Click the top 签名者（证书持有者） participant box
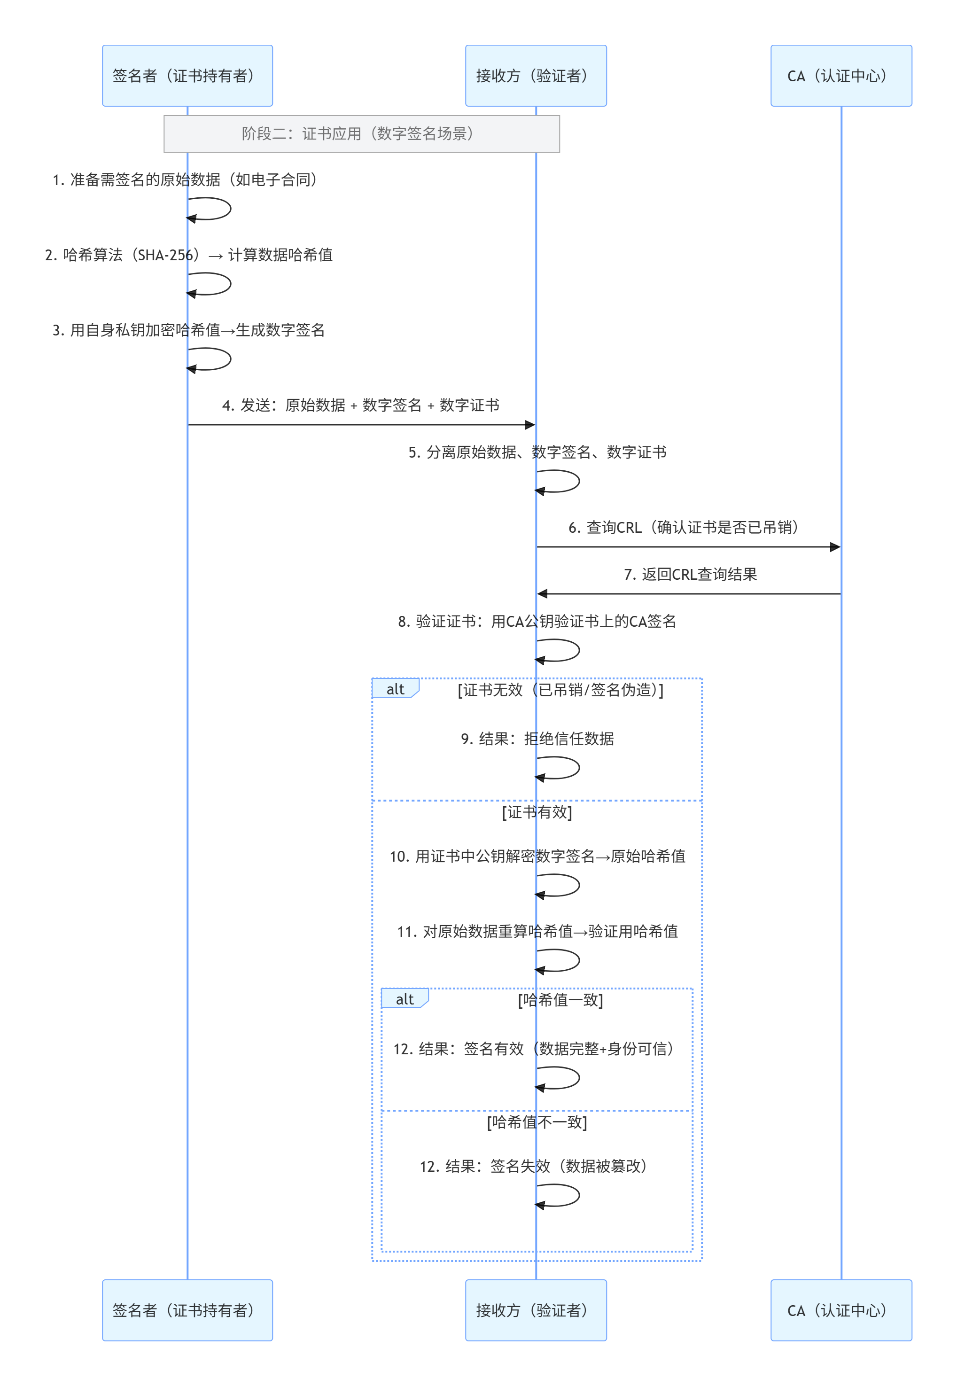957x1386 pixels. click(x=187, y=76)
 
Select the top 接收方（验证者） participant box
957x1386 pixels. click(x=536, y=76)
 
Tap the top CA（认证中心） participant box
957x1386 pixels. click(x=840, y=76)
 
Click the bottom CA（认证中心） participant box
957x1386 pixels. click(x=840, y=1310)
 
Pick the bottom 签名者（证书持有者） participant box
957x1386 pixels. click(x=187, y=1310)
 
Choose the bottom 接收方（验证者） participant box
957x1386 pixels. click(x=536, y=1310)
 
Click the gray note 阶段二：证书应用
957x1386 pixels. click(x=362, y=134)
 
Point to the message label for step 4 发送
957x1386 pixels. click(x=360, y=405)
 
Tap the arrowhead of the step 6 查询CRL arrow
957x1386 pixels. click(x=835, y=547)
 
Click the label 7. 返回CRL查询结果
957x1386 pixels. click(x=690, y=574)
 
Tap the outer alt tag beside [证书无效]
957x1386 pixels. click(x=395, y=689)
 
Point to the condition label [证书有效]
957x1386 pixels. click(x=537, y=812)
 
